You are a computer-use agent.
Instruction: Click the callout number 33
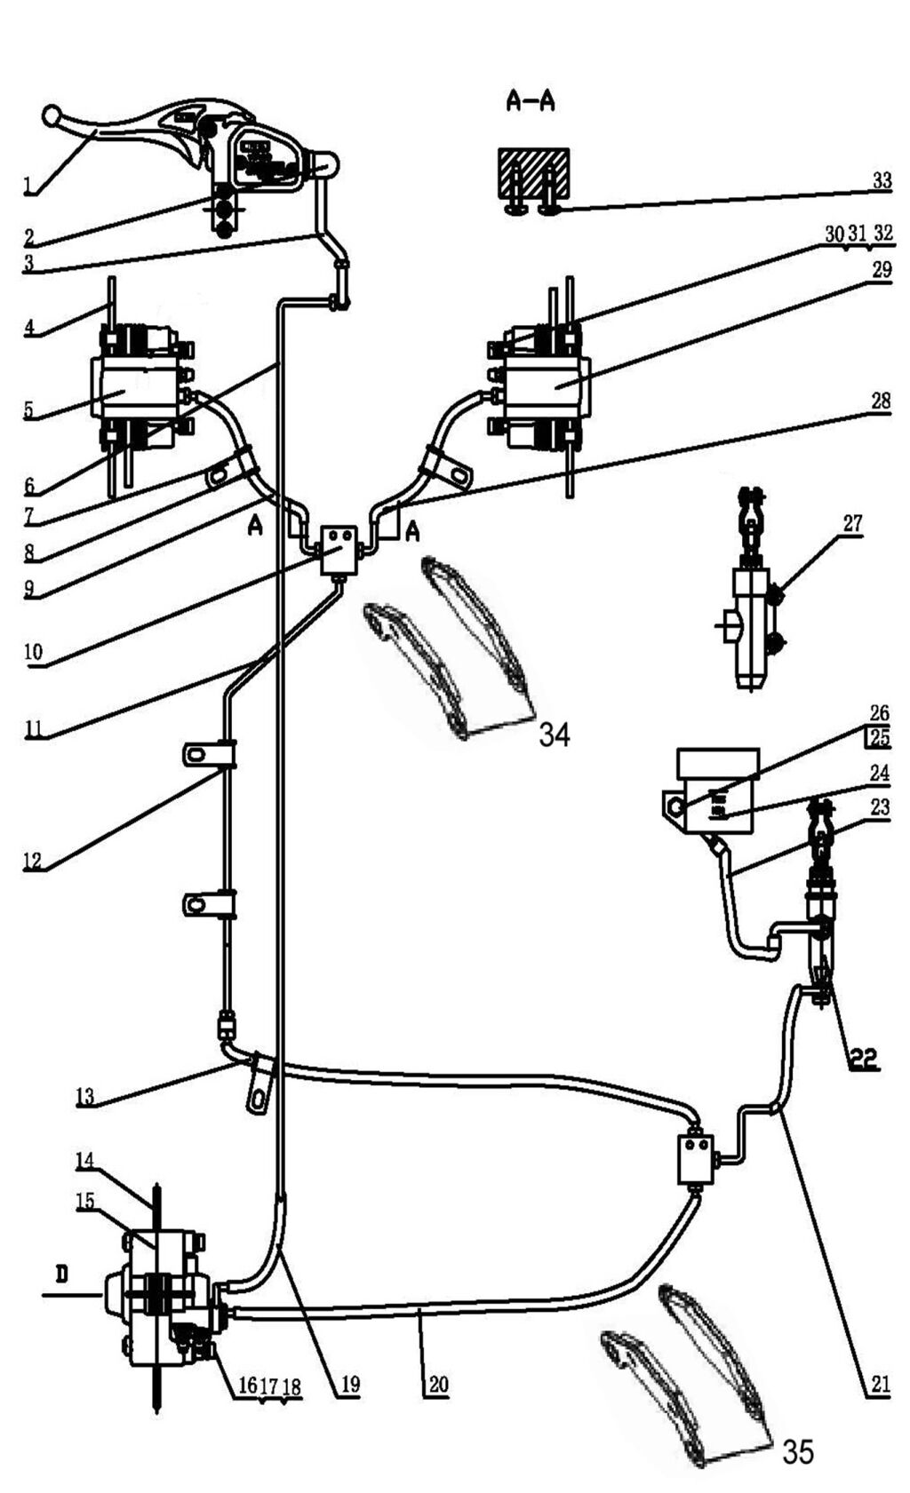[881, 180]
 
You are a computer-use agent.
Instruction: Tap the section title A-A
[531, 101]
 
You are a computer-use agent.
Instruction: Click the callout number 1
[28, 185]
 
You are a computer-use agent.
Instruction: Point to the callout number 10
[33, 652]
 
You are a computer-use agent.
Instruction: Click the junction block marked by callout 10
[338, 550]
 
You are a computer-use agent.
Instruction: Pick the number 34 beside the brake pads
[555, 735]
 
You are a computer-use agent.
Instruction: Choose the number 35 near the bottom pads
[797, 1451]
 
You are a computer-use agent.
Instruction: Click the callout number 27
[852, 523]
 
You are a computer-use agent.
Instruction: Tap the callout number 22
[862, 1058]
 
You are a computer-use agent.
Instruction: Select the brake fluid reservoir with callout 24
[715, 790]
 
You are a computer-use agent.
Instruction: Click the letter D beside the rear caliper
[61, 1275]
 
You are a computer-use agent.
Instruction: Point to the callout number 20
[438, 1385]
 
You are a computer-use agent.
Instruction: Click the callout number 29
[881, 269]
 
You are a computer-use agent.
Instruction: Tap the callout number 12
[32, 860]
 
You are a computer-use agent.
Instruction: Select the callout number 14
[84, 1160]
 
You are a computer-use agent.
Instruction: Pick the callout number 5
[28, 409]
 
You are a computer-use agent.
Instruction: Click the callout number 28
[880, 401]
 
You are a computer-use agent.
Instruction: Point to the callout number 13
[84, 1096]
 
